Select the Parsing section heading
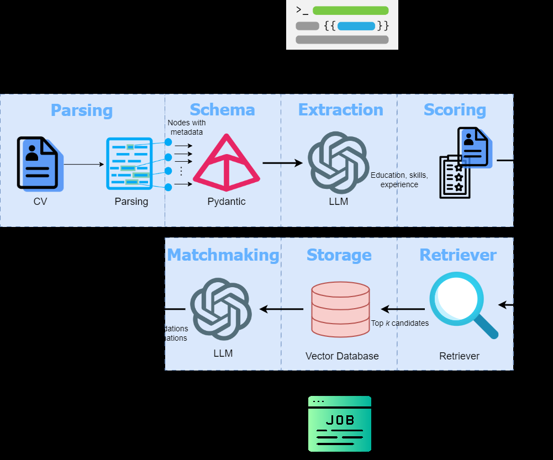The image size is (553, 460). (81, 110)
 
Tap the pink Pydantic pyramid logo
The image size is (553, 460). (226, 163)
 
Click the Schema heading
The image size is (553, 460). (222, 109)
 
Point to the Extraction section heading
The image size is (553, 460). (340, 109)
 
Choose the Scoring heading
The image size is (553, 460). (455, 109)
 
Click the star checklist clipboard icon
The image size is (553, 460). (455, 177)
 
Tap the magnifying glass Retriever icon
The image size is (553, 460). (462, 304)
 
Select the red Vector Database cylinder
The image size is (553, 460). (340, 309)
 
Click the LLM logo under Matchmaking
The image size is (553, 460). (221, 309)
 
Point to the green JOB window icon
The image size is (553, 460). (339, 424)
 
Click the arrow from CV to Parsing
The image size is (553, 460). (84, 164)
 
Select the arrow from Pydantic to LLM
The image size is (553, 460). (282, 163)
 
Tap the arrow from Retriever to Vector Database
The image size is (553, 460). (403, 309)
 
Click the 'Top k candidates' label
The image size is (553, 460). (400, 323)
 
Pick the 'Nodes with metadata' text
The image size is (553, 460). (187, 127)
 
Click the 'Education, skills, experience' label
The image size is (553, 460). (399, 179)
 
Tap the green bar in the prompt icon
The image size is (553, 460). (350, 10)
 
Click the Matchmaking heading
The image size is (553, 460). (223, 255)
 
